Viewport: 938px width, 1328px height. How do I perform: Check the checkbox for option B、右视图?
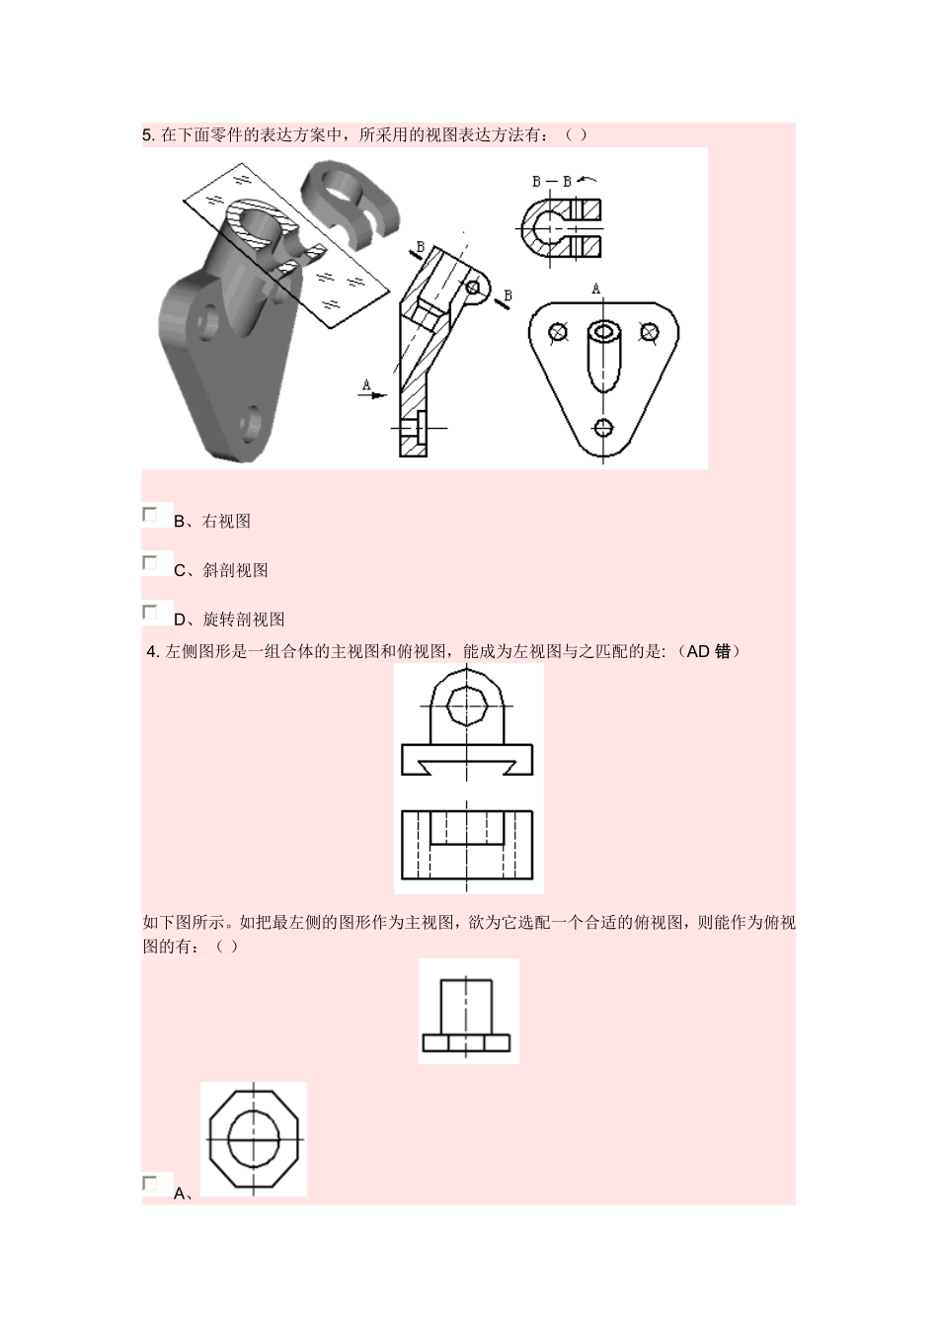coord(150,515)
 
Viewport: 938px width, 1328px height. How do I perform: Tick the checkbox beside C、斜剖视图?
coord(150,563)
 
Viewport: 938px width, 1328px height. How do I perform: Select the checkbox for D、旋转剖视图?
coord(150,613)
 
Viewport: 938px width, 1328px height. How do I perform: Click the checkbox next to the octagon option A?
coord(150,1184)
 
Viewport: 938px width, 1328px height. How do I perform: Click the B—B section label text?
coord(551,182)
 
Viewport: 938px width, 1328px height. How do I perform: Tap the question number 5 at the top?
coord(147,135)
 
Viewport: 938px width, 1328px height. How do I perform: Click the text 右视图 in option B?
coord(226,522)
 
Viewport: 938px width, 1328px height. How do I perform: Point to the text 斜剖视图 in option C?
coord(235,571)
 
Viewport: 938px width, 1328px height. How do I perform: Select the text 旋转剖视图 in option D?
coord(244,621)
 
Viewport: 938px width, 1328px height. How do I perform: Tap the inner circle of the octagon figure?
coord(254,1138)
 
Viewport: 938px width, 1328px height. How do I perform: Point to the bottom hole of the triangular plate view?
coord(603,428)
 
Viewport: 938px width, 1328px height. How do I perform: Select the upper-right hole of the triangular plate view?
coord(649,331)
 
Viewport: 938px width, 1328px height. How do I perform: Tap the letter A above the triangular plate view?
coord(595,289)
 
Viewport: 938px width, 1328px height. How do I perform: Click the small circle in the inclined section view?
coord(473,288)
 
